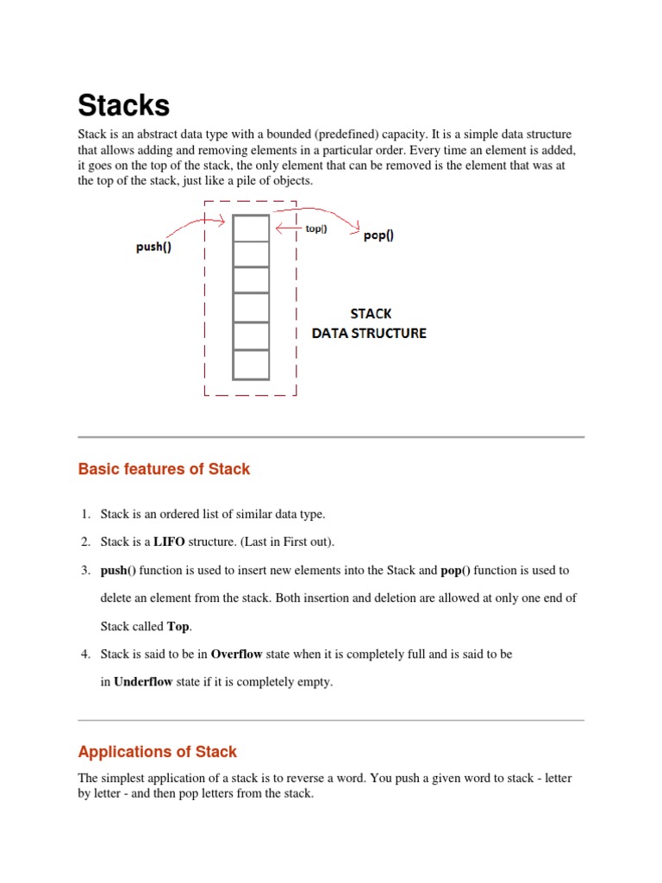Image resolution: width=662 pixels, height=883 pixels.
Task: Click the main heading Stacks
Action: [x=124, y=105]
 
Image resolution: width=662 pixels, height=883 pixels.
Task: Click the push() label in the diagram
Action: [x=154, y=247]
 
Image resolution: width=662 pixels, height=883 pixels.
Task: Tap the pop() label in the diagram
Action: [x=378, y=235]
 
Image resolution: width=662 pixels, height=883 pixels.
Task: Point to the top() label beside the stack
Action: [x=316, y=229]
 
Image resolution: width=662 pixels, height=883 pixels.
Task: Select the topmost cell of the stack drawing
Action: [x=251, y=228]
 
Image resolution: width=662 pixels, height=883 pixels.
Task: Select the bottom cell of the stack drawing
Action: [x=251, y=364]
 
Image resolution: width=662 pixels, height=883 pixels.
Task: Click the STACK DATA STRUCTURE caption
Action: [x=369, y=323]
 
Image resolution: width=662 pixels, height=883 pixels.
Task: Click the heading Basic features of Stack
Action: [x=164, y=469]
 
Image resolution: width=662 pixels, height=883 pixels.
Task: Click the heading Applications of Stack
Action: [x=157, y=752]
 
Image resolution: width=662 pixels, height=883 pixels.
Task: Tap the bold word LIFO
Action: [x=170, y=542]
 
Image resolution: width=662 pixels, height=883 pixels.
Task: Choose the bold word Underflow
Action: [x=143, y=682]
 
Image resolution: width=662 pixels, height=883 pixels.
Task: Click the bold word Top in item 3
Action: [x=178, y=627]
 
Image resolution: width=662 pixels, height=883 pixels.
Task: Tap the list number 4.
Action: [x=85, y=654]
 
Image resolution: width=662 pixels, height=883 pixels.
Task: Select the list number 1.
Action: [x=85, y=515]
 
